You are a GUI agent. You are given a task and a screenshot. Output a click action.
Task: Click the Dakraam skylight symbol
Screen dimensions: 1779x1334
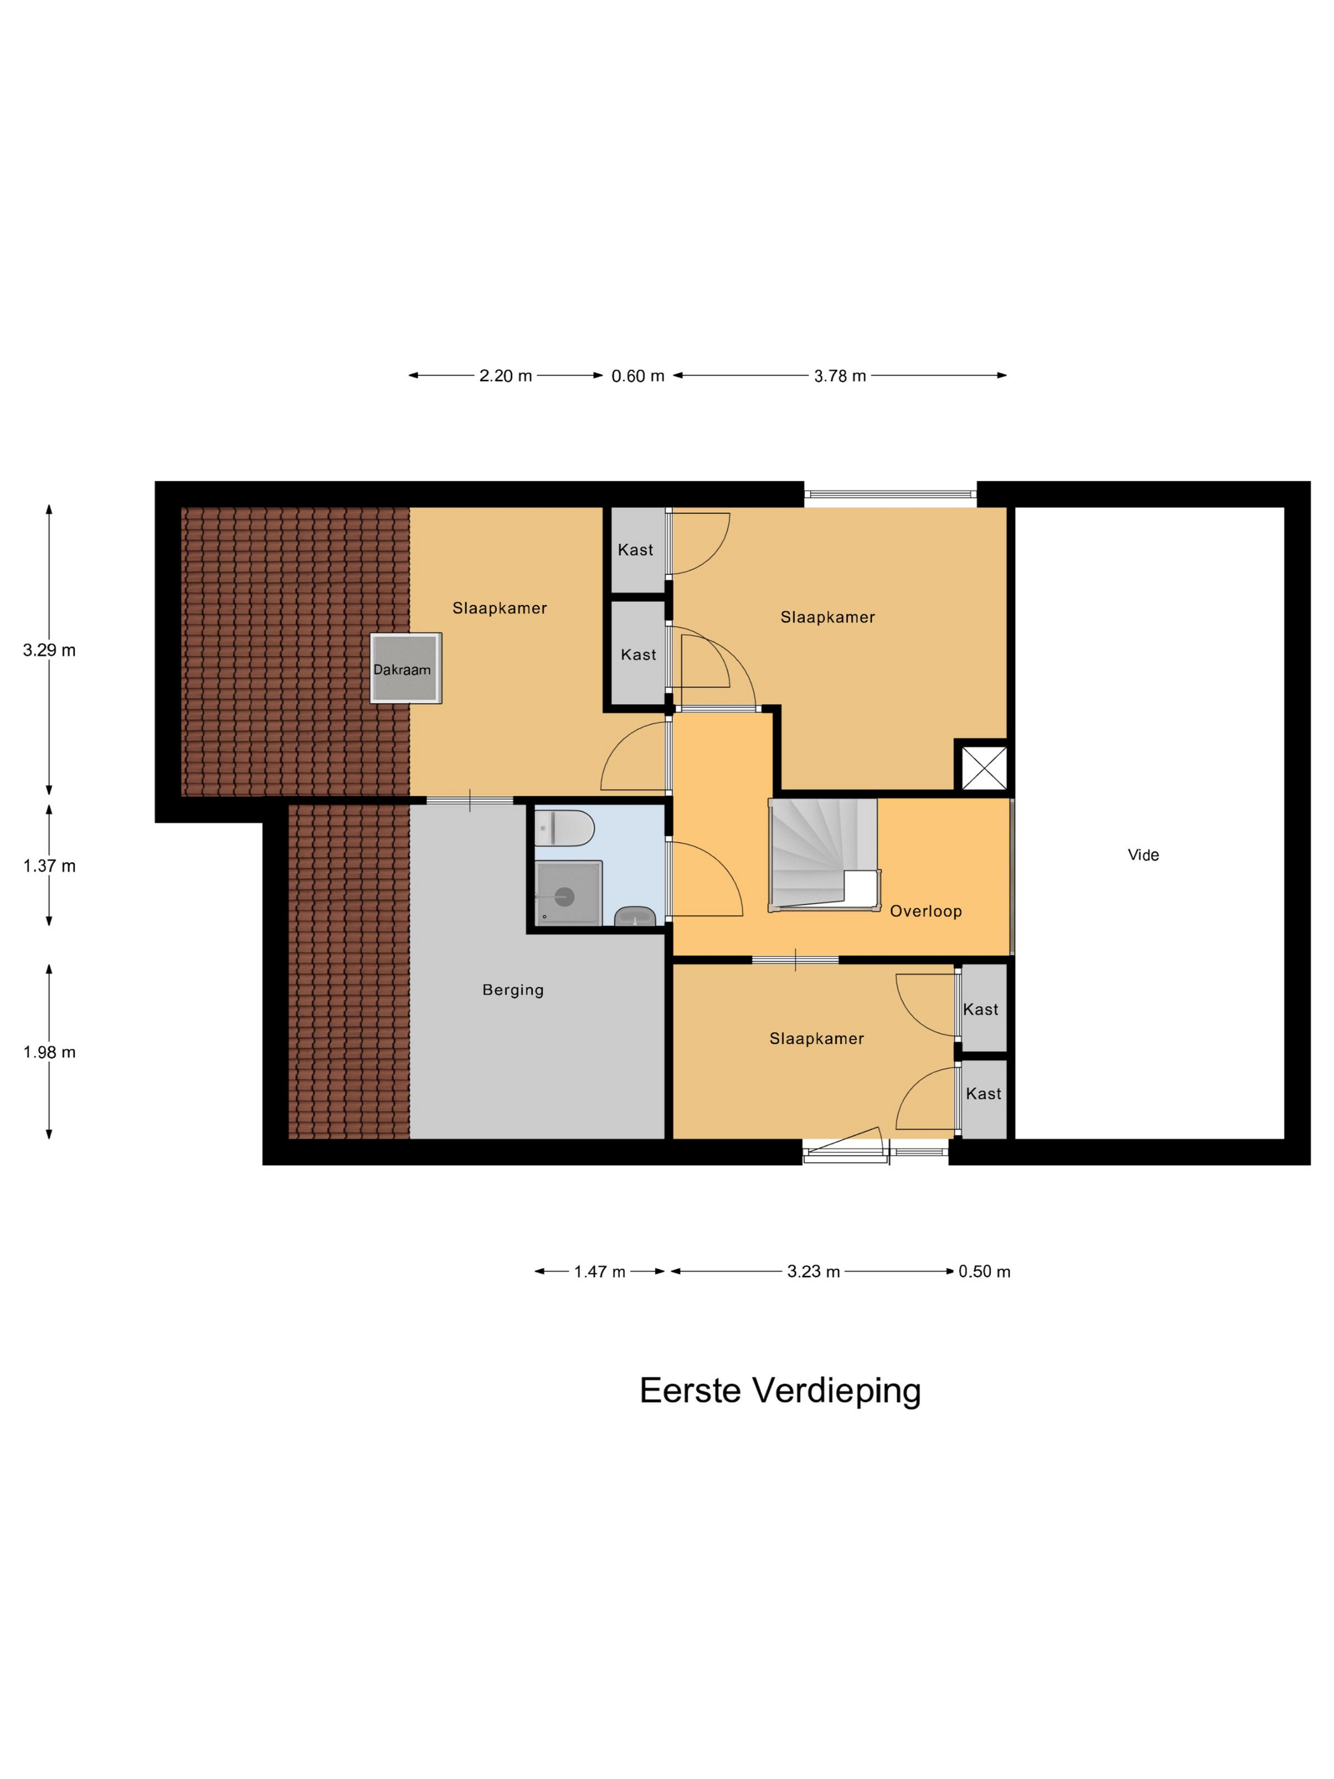click(x=405, y=668)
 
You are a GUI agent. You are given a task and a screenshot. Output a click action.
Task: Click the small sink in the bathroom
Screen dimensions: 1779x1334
click(x=635, y=916)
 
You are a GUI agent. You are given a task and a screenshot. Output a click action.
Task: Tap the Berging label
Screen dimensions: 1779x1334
click(x=513, y=990)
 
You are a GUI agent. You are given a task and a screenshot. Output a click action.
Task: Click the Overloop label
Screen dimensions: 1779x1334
click(x=926, y=911)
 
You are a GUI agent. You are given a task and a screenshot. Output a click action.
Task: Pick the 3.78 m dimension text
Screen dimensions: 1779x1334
click(x=840, y=375)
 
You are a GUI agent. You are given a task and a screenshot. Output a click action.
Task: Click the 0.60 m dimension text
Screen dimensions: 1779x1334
click(x=638, y=375)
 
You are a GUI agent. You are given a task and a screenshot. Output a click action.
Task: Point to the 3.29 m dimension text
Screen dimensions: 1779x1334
click(x=49, y=650)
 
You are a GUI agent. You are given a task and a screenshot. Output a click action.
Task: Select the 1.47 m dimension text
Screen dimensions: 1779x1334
click(x=599, y=1271)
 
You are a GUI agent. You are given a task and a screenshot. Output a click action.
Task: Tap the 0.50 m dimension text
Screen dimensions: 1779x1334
click(x=984, y=1271)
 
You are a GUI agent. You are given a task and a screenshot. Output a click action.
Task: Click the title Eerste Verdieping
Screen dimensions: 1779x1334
click(x=779, y=1391)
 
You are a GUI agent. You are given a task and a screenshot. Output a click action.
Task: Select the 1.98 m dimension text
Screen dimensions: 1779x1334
click(x=49, y=1052)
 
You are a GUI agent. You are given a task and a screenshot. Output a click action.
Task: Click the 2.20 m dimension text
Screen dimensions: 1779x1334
click(x=506, y=375)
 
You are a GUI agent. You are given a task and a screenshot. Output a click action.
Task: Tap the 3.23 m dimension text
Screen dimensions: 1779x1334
click(x=813, y=1271)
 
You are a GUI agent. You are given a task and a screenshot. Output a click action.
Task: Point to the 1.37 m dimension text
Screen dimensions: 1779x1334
click(x=49, y=865)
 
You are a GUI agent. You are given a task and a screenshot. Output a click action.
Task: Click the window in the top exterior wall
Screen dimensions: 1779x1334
click(x=889, y=494)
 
